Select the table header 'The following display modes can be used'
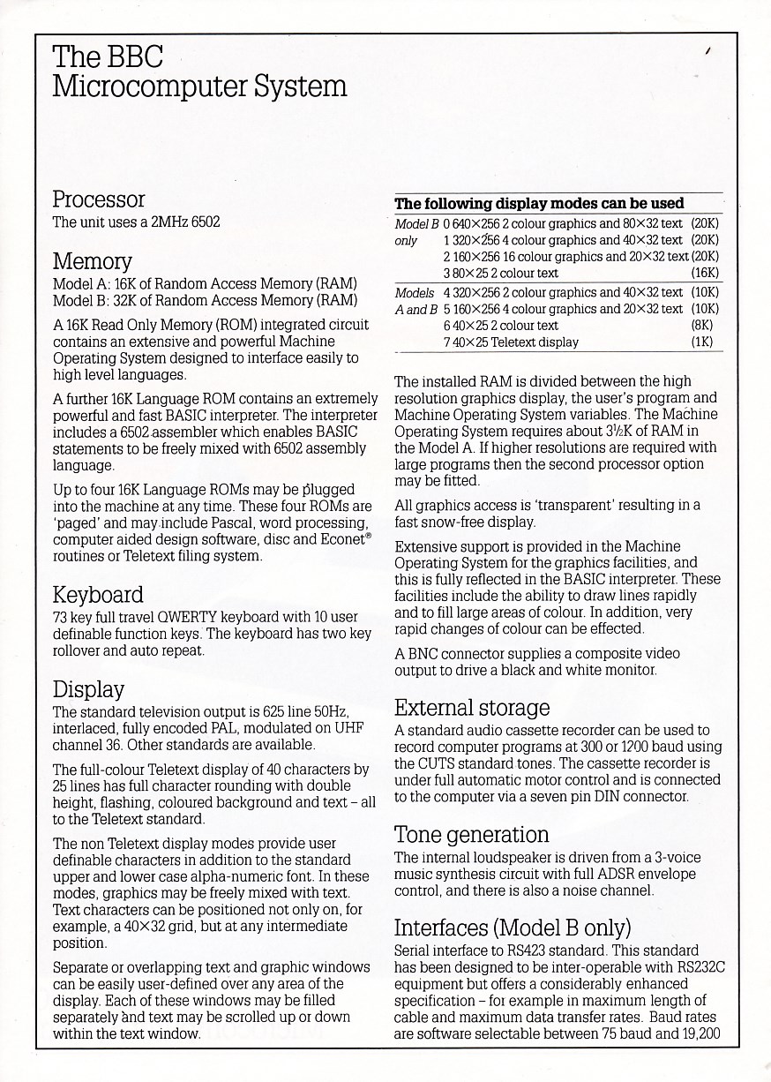(539, 204)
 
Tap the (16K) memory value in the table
(705, 273)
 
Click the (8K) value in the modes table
(707, 325)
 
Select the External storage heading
(471, 708)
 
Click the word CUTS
(438, 763)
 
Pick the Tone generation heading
(471, 834)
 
